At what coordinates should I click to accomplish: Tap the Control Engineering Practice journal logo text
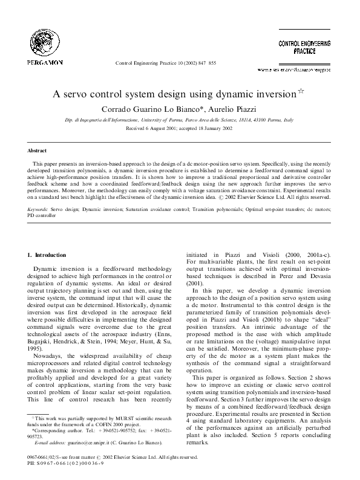[x=304, y=48]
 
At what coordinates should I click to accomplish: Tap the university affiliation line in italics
[x=179, y=120]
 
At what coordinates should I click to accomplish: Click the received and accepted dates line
[x=179, y=129]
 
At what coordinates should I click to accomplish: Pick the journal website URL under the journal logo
[x=303, y=70]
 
